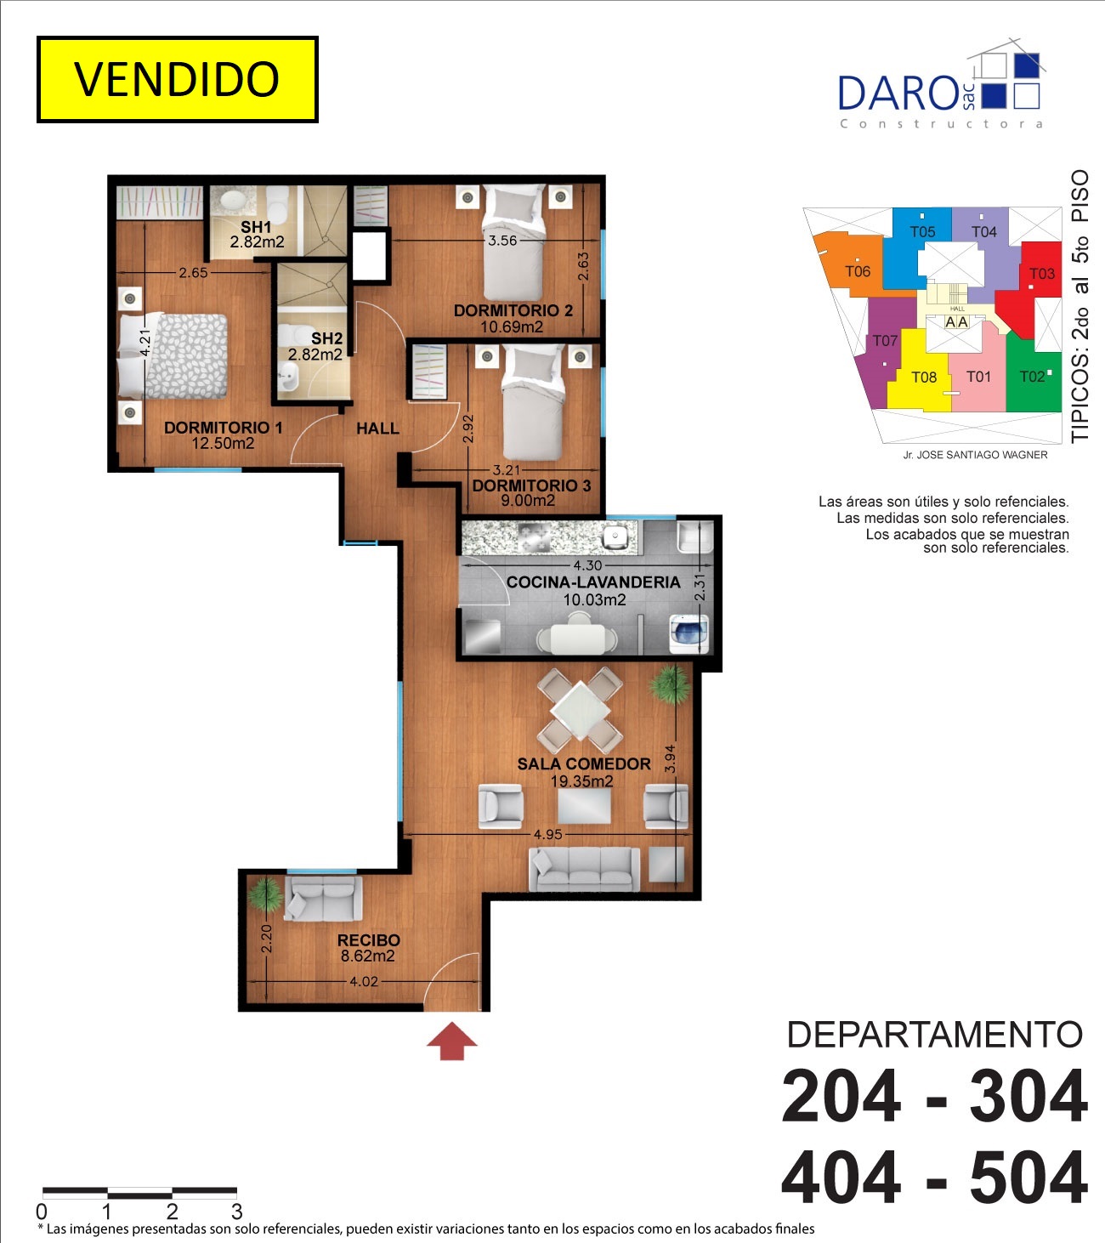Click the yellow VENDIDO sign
(178, 80)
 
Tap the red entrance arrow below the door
(451, 1041)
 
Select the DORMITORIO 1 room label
(224, 428)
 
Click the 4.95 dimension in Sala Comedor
(548, 834)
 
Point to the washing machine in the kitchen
(689, 633)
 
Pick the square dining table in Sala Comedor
(581, 711)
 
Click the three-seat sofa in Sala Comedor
(584, 869)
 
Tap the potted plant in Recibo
(266, 894)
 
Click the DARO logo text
(898, 94)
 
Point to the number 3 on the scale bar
(237, 1211)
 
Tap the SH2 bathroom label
(326, 338)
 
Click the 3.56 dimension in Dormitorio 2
(502, 241)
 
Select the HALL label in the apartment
(378, 429)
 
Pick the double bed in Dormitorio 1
(173, 356)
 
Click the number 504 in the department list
(1028, 1178)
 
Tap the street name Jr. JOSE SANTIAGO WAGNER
(975, 455)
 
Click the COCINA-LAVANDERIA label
(593, 582)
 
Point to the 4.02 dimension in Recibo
(364, 982)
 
